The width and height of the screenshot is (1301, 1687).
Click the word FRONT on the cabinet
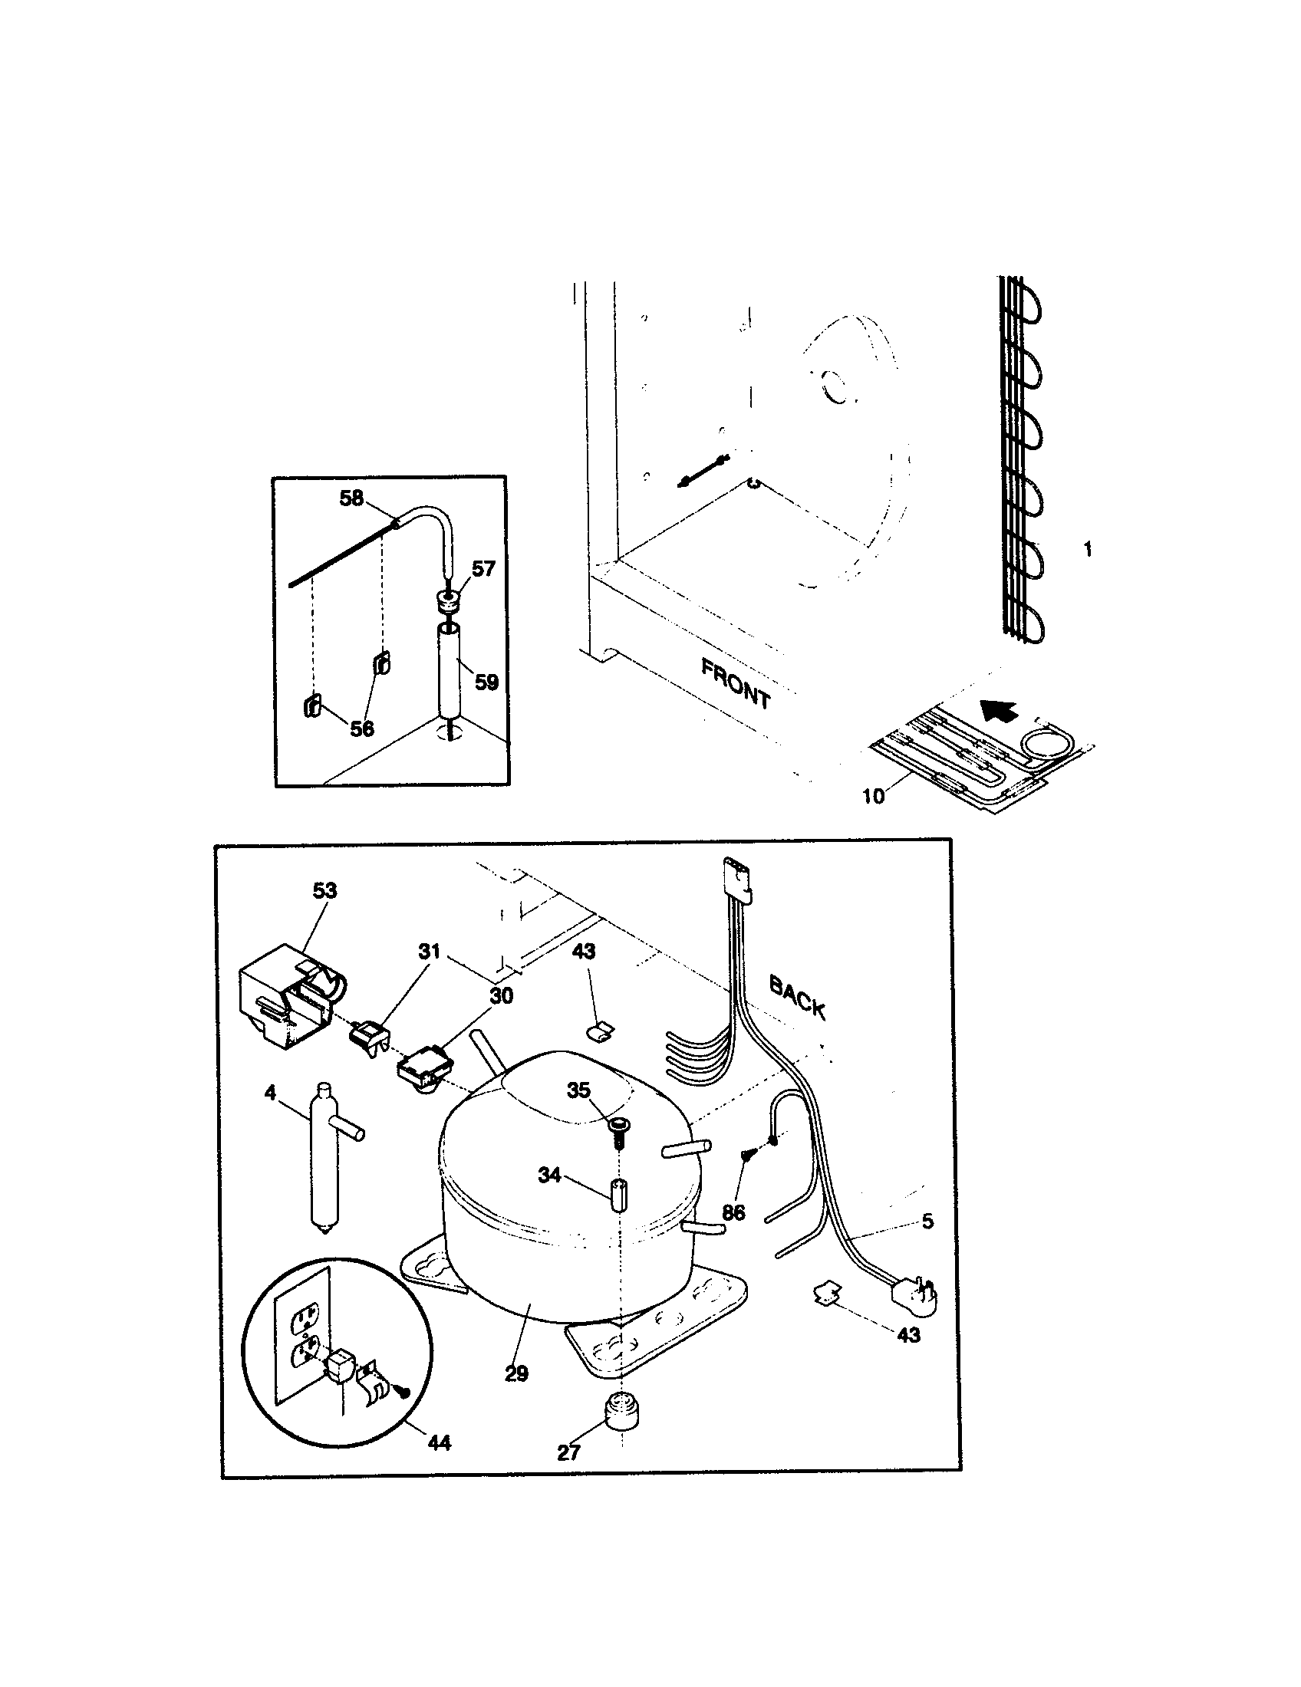tap(735, 683)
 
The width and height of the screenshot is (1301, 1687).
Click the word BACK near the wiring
tap(796, 996)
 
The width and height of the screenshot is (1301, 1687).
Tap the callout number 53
tap(324, 890)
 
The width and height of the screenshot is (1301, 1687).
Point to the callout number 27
tap(568, 1453)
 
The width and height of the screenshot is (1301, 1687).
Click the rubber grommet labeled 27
tap(622, 1411)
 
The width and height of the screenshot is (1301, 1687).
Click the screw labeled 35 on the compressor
tap(619, 1128)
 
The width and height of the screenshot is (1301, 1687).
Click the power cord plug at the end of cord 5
tap(915, 1292)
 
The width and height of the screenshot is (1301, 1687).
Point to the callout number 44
tap(439, 1442)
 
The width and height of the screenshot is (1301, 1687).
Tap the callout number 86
tap(733, 1213)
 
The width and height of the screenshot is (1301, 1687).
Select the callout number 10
tap(873, 796)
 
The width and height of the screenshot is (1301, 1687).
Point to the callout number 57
tap(483, 569)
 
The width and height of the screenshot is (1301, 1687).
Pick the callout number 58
tap(351, 498)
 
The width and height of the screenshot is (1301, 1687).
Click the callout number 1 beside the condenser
tap(1088, 550)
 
